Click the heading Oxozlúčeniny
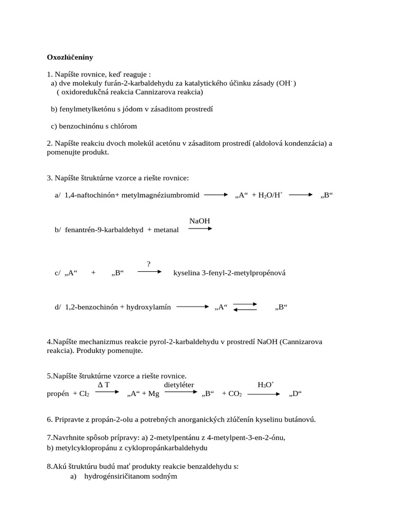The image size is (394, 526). coord(70,57)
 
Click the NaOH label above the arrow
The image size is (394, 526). coord(200,221)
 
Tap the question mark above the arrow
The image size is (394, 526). coord(149,264)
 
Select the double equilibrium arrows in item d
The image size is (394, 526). coord(245,307)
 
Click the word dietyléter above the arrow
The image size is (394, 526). coord(179,384)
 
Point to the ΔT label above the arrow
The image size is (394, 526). coord(104,384)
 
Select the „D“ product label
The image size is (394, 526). coord(295,394)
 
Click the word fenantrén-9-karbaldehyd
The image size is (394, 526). coord(104,230)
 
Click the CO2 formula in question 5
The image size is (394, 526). coord(235,394)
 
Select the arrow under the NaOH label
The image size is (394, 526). coord(200,229)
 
